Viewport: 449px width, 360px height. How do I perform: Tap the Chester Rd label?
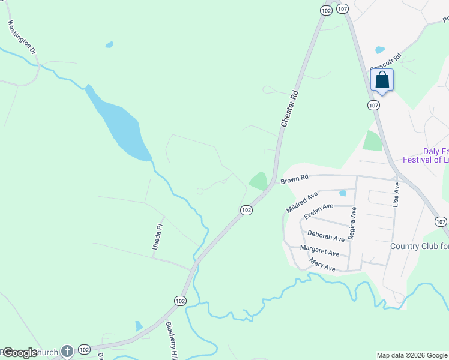(x=289, y=109)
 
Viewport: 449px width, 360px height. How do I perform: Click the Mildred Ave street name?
(x=302, y=202)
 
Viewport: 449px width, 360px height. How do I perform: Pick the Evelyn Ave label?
(x=318, y=211)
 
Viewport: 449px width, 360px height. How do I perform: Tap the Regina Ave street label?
(x=354, y=220)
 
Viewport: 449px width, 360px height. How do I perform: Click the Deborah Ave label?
(x=326, y=235)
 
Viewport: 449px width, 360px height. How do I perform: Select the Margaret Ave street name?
(x=319, y=250)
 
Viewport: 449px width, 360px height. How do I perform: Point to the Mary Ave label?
(x=322, y=265)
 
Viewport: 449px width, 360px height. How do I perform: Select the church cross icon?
(x=67, y=351)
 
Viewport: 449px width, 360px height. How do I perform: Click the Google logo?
(x=20, y=353)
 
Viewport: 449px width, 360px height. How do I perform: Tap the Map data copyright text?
(x=412, y=355)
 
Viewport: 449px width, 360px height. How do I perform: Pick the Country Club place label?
(x=419, y=246)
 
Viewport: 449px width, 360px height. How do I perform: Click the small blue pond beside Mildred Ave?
(x=342, y=193)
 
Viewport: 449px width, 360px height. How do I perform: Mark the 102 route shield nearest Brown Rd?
(x=246, y=209)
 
